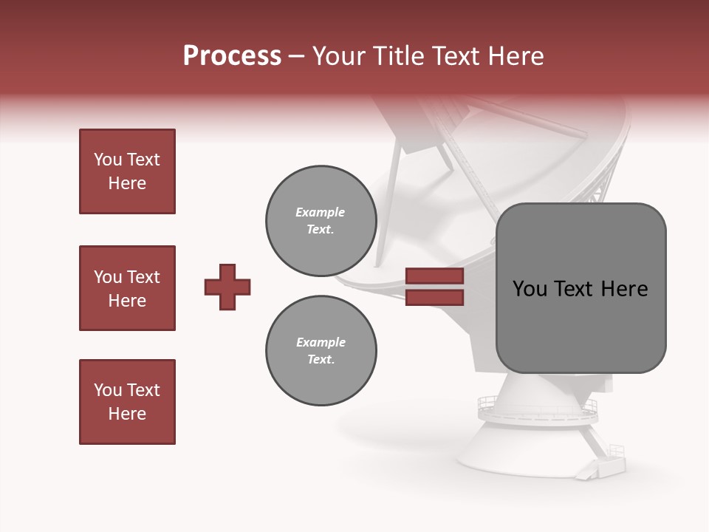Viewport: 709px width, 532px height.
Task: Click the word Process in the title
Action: click(232, 56)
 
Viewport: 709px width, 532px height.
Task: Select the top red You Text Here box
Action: click(127, 171)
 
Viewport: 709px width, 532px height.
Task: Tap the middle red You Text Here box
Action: click(127, 288)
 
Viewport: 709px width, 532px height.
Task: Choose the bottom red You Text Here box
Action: click(127, 402)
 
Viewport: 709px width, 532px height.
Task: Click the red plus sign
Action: click(227, 287)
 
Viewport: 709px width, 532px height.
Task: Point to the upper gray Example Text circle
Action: click(321, 221)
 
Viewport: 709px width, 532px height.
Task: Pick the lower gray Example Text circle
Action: click(321, 350)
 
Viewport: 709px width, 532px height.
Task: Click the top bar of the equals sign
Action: click(434, 276)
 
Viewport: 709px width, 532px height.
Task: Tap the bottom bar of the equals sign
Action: click(434, 298)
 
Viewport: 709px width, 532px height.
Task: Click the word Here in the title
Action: click(514, 56)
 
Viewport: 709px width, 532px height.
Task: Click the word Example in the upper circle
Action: click(320, 212)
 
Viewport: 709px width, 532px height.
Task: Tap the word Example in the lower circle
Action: click(321, 342)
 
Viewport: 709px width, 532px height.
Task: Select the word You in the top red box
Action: click(108, 160)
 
